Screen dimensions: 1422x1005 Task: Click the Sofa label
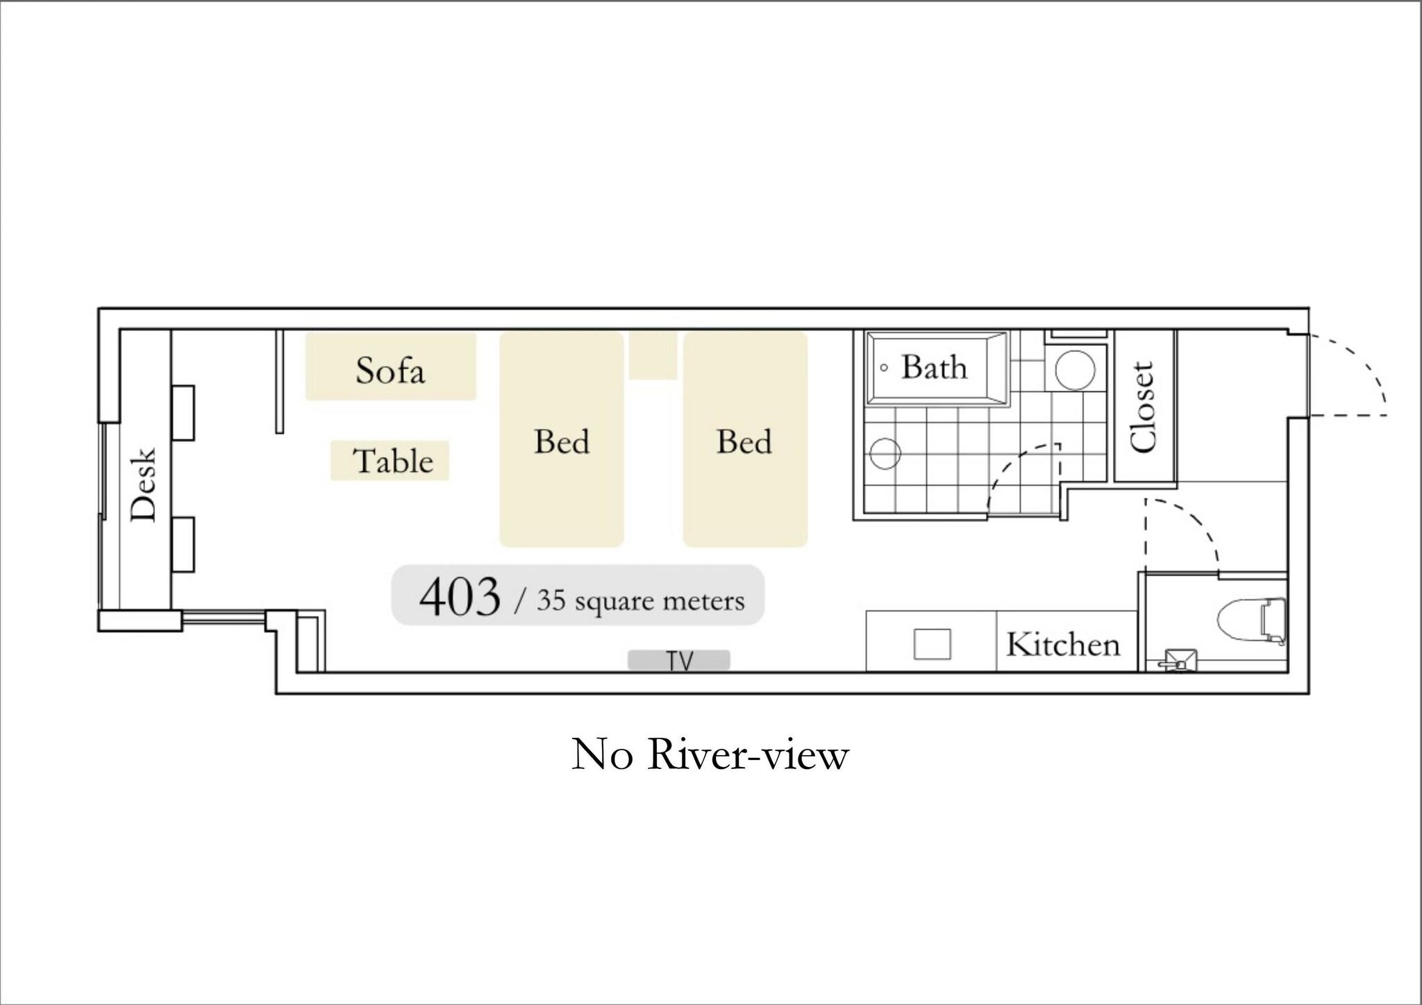[x=390, y=370]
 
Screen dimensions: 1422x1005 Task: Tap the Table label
[x=393, y=461]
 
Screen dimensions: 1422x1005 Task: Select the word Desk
[x=144, y=484]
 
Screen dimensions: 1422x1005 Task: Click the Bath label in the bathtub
[x=934, y=367]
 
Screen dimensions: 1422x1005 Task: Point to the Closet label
[x=1141, y=407]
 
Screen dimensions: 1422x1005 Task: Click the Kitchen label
[x=1063, y=645]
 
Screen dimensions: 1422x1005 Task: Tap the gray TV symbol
[x=679, y=660]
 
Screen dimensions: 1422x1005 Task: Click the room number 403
[x=459, y=596]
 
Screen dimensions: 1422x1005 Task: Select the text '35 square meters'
[x=640, y=601]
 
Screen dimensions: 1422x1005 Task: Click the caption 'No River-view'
[x=710, y=754]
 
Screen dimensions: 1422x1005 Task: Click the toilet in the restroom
[x=1253, y=622]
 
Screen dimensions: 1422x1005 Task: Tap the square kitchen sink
[x=932, y=644]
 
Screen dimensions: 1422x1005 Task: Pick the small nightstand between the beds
[x=653, y=355]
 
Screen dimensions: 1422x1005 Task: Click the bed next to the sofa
[x=562, y=439]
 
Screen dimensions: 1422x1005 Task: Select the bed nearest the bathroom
[x=745, y=439]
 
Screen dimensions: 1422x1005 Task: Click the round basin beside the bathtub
[x=1075, y=369]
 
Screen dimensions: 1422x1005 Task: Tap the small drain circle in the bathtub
[x=884, y=368]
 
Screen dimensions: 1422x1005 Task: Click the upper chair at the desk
[x=183, y=412]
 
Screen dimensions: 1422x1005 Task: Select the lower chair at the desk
[x=183, y=544]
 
